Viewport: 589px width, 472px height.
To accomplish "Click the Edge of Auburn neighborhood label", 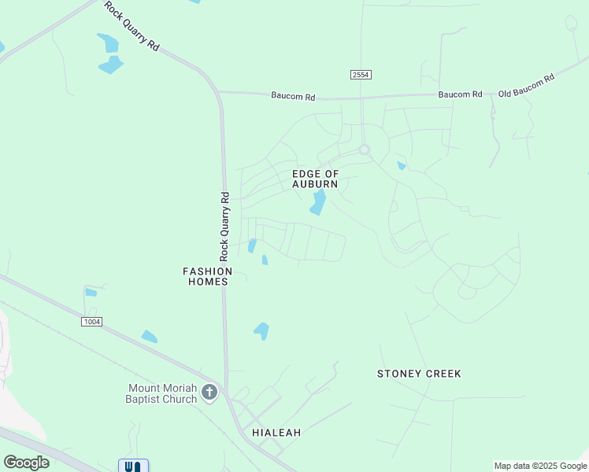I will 315,179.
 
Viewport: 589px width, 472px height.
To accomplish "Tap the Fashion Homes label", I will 208,276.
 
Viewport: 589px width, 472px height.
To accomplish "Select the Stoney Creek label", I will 419,374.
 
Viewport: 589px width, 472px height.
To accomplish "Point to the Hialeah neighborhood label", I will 276,433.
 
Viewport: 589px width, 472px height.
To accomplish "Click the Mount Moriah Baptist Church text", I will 163,393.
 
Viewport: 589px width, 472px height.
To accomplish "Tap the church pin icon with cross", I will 209,392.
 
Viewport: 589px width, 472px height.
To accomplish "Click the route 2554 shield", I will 361,74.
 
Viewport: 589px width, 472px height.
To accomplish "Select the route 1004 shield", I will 91,321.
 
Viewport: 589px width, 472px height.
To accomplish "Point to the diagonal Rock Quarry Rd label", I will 132,27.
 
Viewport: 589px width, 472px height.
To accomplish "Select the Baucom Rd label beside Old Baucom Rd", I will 460,94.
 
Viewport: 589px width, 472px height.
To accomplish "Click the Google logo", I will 26,462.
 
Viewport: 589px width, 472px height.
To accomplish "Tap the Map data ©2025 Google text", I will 540,466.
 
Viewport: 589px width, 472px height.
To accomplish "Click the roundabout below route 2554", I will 364,149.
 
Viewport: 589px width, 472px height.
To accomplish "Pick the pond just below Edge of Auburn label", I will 318,202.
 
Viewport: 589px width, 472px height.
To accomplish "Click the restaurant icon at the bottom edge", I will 134,466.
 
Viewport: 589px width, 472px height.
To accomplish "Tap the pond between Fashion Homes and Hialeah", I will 261,331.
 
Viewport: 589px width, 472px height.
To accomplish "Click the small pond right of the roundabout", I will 401,165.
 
